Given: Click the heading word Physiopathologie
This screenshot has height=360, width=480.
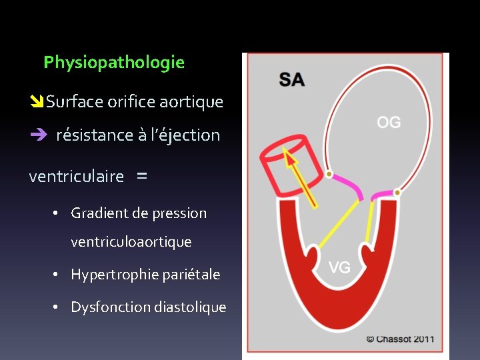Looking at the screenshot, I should (114, 63).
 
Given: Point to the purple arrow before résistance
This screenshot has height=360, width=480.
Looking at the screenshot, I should (37, 135).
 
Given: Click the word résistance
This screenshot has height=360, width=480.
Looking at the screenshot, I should (95, 135).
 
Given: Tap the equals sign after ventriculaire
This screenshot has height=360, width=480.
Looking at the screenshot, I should (141, 177).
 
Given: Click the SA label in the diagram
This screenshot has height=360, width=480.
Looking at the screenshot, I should (292, 80).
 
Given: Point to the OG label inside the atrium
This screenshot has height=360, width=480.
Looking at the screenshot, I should (389, 122).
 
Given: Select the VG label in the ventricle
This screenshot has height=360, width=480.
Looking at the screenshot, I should (340, 267).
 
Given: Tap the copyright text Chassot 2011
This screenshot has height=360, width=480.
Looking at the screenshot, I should (400, 339).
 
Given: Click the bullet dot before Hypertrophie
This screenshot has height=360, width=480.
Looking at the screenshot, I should (57, 275).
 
